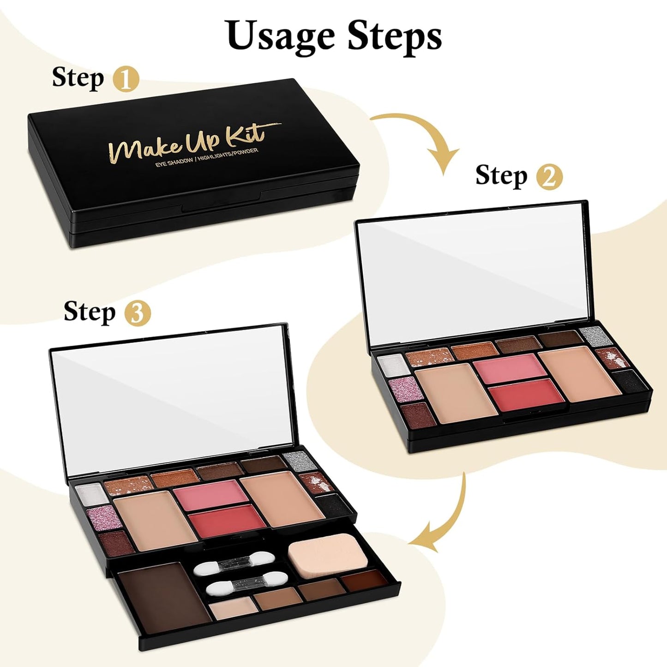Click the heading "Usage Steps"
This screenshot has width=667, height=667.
334,36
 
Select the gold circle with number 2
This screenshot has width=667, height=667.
549,177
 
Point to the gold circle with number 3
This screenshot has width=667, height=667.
138,313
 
